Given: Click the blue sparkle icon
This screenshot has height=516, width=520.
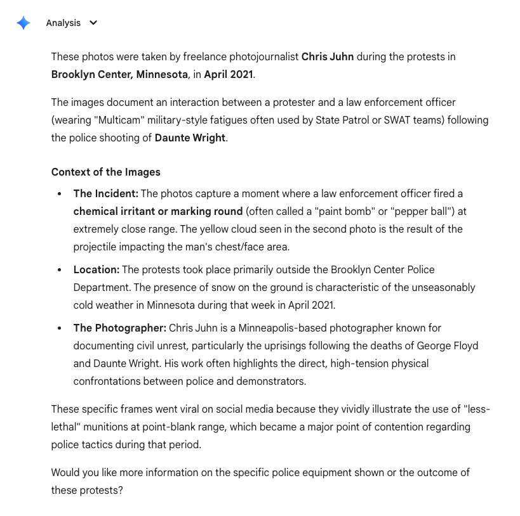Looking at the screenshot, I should [23, 23].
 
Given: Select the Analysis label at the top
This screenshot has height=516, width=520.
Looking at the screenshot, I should [63, 23].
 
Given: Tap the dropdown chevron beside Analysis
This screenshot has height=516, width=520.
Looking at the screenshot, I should [93, 23].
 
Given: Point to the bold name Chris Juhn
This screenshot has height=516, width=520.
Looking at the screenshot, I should [328, 56].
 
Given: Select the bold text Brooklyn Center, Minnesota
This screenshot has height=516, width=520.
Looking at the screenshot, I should [119, 74].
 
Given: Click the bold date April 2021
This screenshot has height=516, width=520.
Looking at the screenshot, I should [229, 74].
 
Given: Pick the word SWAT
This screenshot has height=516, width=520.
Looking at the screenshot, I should [398, 120].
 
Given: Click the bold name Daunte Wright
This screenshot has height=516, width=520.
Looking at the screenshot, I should [190, 138].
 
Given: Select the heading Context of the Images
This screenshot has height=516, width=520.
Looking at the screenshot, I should [105, 172].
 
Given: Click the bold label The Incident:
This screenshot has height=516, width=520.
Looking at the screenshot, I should [105, 193].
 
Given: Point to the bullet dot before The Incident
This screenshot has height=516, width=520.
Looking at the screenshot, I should [59, 193].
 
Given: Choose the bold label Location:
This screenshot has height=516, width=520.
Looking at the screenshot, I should [96, 269].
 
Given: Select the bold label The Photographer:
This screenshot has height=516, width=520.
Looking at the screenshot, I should [119, 328].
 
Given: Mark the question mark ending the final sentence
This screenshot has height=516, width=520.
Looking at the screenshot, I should [120, 490].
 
